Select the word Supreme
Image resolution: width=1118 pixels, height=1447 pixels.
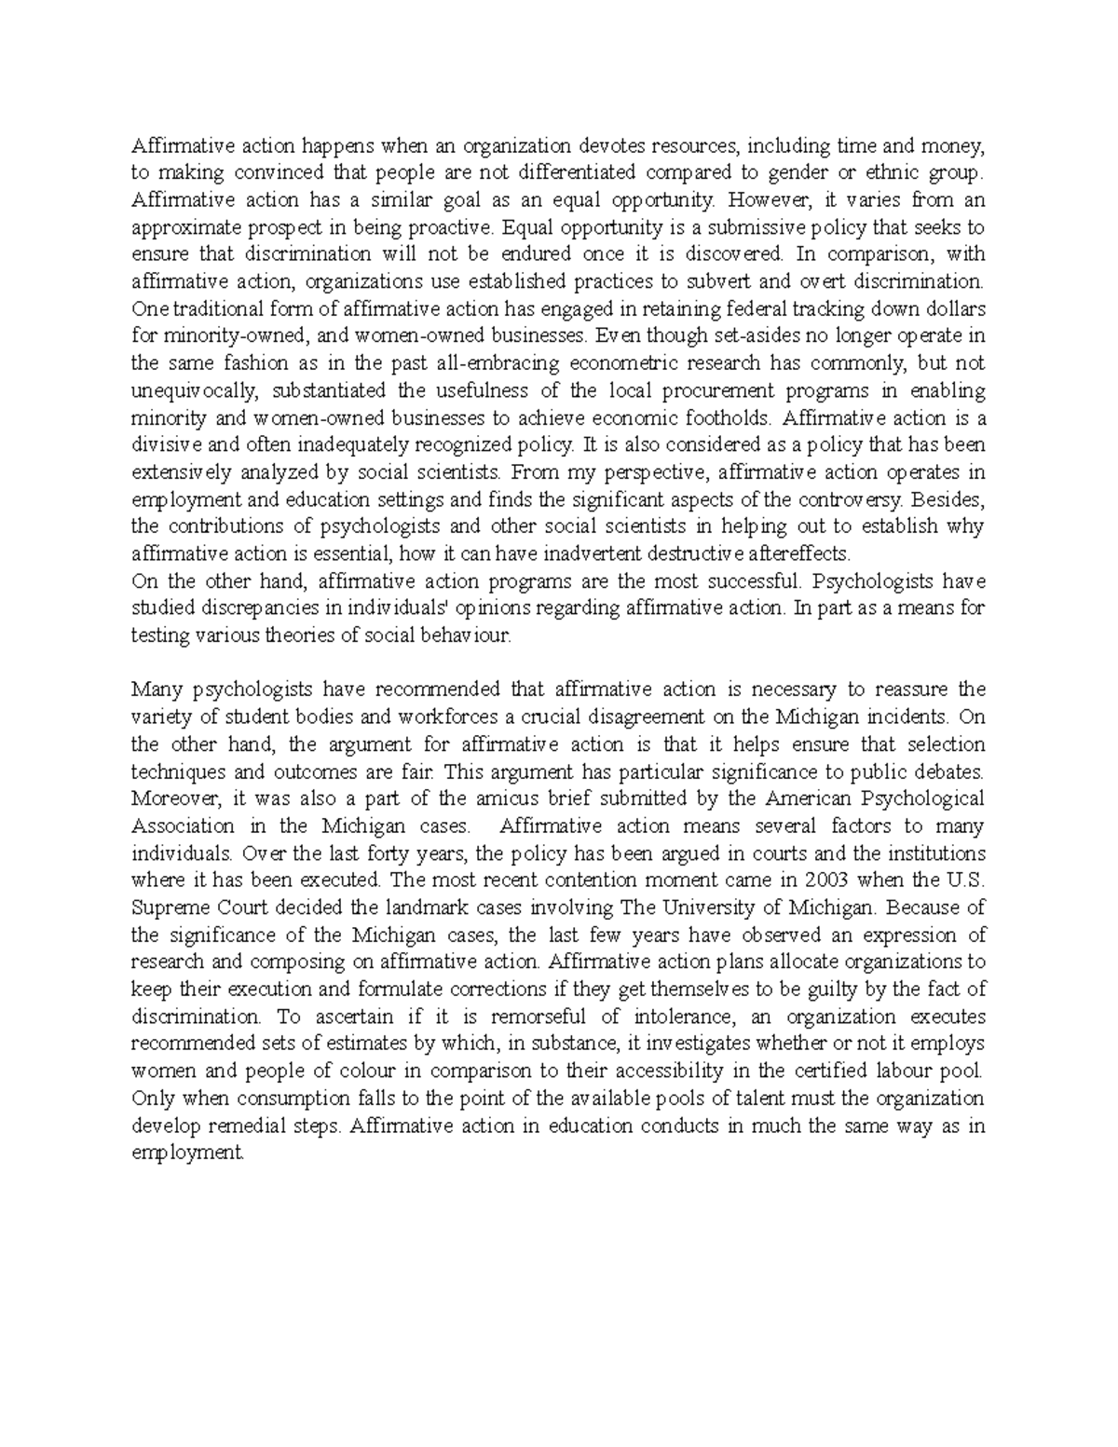(165, 908)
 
